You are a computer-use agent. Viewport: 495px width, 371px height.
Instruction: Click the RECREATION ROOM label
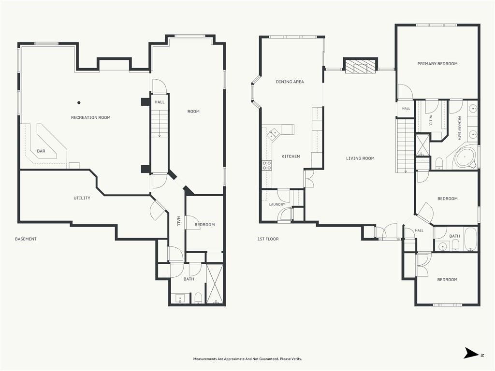(90, 117)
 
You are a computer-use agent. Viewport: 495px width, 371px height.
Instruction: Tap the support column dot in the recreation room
(79, 102)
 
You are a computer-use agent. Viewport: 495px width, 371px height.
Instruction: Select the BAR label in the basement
(41, 151)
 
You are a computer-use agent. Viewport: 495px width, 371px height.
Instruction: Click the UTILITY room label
(82, 198)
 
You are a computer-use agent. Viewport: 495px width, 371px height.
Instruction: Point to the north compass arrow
(471, 353)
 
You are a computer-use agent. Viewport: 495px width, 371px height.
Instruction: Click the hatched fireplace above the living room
(360, 67)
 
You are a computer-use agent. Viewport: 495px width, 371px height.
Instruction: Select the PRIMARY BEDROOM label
(437, 64)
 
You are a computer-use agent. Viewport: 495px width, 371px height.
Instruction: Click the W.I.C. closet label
(431, 120)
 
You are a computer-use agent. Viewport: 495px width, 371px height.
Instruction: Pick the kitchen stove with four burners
(267, 165)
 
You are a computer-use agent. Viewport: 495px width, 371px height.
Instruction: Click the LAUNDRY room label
(277, 204)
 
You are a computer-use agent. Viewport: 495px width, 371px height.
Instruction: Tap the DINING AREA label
(290, 82)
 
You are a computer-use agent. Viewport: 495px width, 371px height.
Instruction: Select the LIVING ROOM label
(360, 158)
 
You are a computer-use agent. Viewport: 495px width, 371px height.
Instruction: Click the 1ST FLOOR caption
(268, 239)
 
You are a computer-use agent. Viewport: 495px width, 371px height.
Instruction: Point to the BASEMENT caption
(26, 239)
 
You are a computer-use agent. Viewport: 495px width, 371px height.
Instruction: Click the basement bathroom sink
(180, 298)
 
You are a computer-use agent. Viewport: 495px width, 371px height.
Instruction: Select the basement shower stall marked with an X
(215, 284)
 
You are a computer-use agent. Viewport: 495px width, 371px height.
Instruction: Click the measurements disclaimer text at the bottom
(247, 359)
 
